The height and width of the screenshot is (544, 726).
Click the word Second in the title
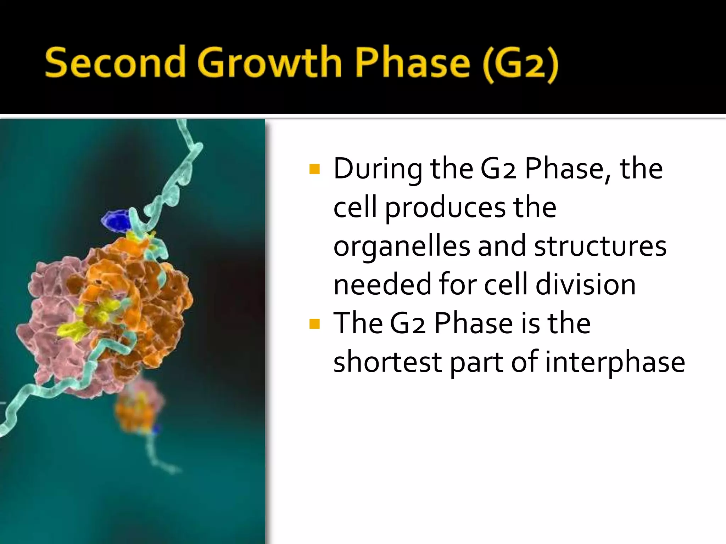(115, 63)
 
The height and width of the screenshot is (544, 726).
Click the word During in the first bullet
(378, 169)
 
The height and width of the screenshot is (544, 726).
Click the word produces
(445, 208)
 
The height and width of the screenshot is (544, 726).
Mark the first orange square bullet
(314, 169)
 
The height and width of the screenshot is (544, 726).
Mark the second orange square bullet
(314, 324)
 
